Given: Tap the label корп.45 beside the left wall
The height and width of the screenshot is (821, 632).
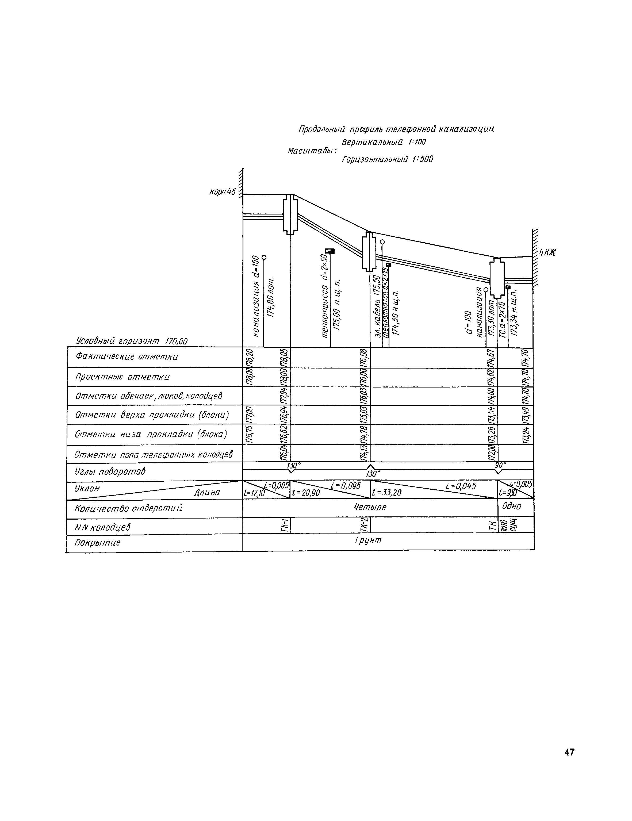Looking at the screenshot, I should pyautogui.click(x=222, y=192).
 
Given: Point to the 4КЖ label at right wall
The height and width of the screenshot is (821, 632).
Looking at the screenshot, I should pyautogui.click(x=547, y=253).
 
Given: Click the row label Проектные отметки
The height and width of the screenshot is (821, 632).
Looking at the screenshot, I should pyautogui.click(x=122, y=377).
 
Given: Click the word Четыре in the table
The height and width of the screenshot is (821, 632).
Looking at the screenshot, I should pyautogui.click(x=370, y=507).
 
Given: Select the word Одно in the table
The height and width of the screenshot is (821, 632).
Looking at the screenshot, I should pyautogui.click(x=511, y=506).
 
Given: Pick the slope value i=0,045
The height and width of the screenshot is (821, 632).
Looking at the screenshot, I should pyautogui.click(x=461, y=486).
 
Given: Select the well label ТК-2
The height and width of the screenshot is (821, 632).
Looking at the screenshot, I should pyautogui.click(x=364, y=525).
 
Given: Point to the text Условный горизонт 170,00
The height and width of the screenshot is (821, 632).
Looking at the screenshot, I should pyautogui.click(x=132, y=341).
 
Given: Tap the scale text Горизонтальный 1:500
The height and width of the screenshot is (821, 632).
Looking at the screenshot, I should pyautogui.click(x=387, y=159).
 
